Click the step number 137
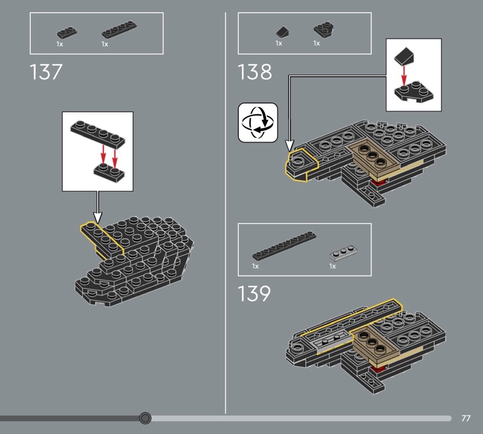point(46,72)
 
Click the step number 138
point(255,72)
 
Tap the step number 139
point(254,293)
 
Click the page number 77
point(466,418)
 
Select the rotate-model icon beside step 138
point(258,123)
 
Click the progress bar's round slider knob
point(145,418)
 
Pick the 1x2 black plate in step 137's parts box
point(67,33)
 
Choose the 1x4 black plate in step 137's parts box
point(120,30)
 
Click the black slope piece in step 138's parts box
point(282,32)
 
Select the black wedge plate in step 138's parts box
point(324,30)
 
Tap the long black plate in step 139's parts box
point(284,246)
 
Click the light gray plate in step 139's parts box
point(343,253)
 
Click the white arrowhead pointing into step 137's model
point(98,218)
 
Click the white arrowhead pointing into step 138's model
point(289,146)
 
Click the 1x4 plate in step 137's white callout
point(98,133)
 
